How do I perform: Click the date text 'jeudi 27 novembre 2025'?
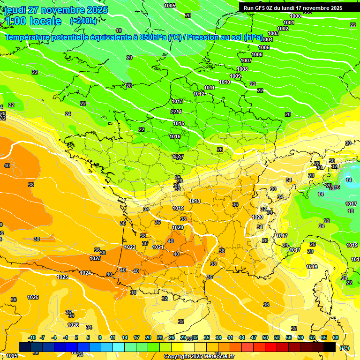(x=56, y=10)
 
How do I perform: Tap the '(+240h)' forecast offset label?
(x=83, y=21)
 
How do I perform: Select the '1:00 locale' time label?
(x=33, y=21)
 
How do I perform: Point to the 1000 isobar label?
(x=295, y=16)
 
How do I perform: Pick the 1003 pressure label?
(x=273, y=33)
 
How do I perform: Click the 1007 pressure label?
(x=246, y=60)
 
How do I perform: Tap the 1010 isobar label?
(x=225, y=82)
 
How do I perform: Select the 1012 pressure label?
(x=199, y=94)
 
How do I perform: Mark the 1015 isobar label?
(x=179, y=123)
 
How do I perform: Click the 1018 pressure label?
(x=195, y=201)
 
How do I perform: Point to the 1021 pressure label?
(x=157, y=247)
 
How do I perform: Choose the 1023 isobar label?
(x=95, y=258)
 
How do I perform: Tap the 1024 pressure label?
(x=85, y=273)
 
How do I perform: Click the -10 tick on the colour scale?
(x=32, y=337)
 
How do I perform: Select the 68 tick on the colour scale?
(x=336, y=337)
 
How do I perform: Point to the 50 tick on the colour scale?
(x=265, y=337)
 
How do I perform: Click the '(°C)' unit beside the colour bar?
(x=345, y=347)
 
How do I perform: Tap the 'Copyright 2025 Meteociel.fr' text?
(x=199, y=356)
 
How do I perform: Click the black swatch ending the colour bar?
(x=330, y=347)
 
